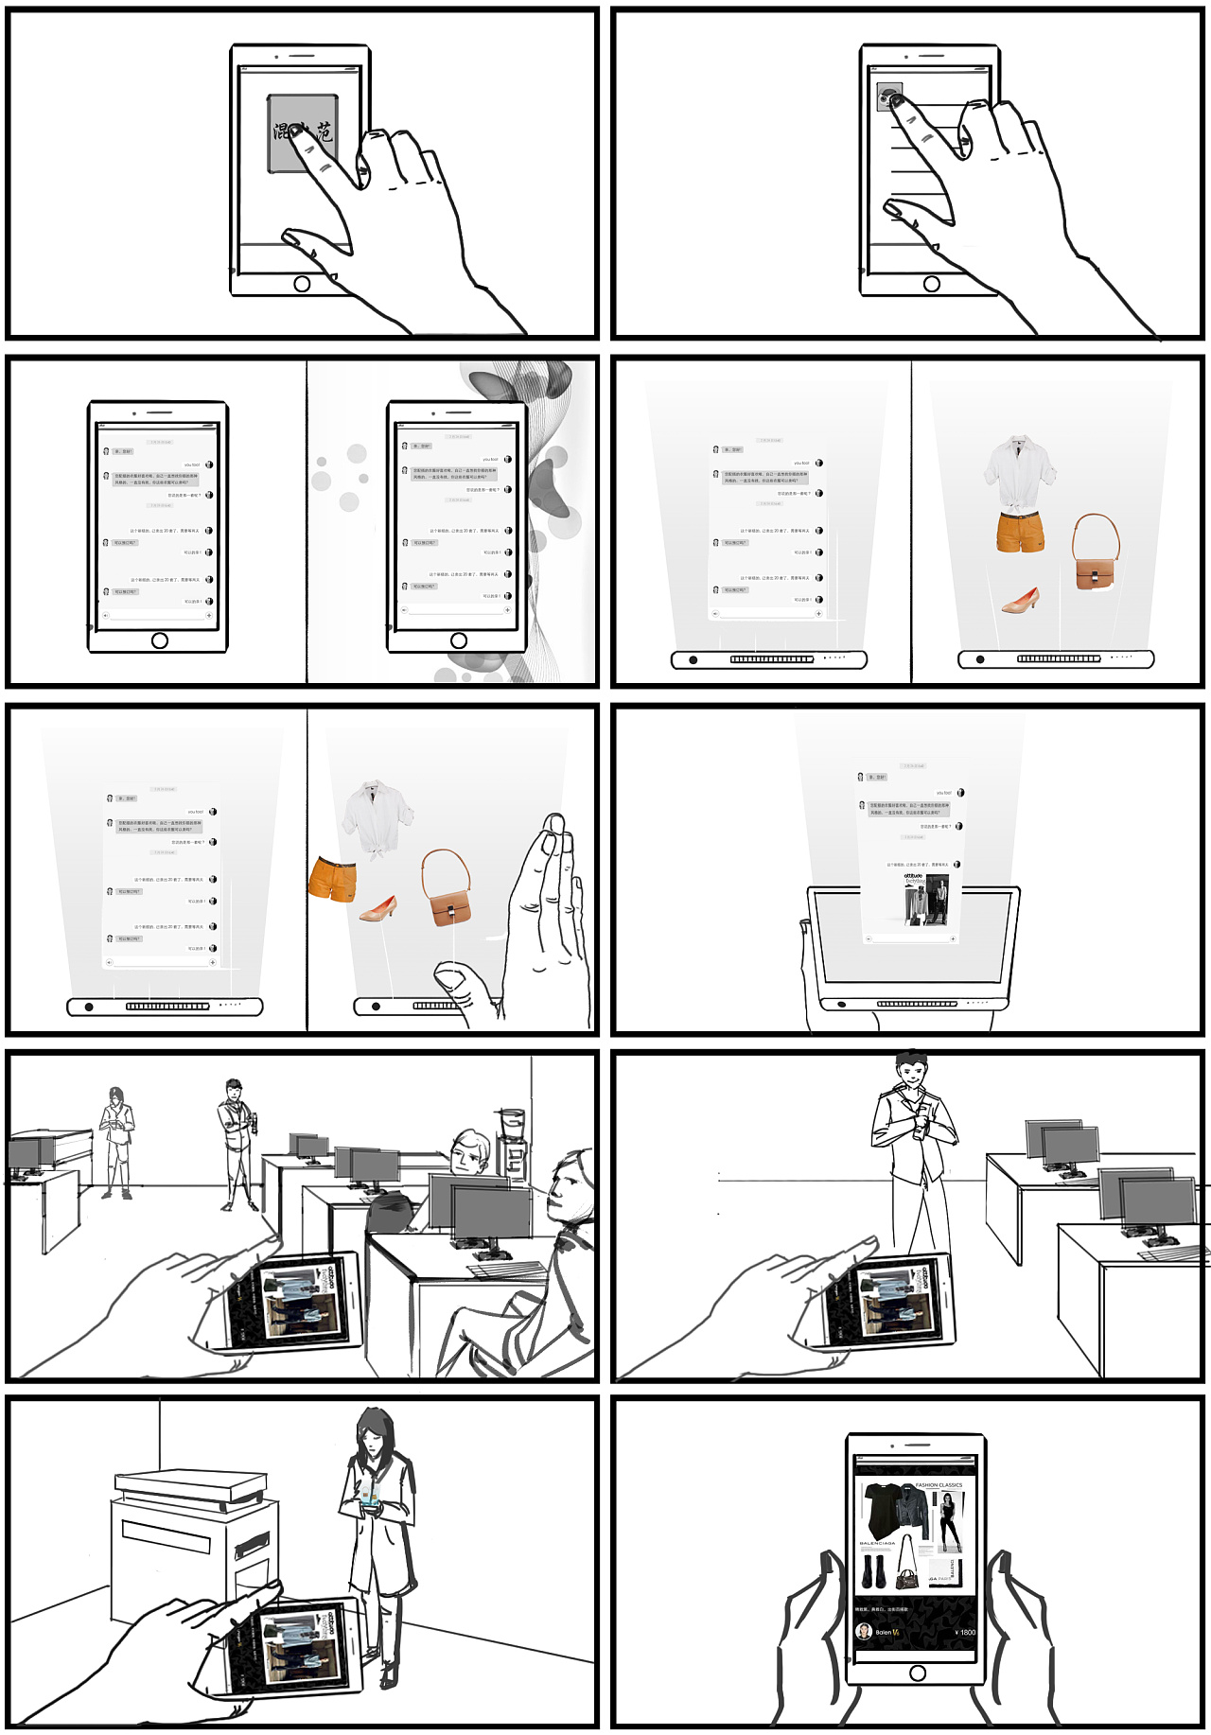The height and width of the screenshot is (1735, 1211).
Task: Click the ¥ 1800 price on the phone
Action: pos(964,1632)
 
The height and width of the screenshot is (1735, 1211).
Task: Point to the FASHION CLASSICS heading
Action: pos(938,1485)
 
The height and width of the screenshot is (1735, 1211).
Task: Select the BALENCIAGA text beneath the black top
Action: pos(877,1543)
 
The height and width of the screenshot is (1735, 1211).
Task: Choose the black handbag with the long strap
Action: pos(906,1576)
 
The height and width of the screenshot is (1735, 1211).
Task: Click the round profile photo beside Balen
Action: pos(864,1631)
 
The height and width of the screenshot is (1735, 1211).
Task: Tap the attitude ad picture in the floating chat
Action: pos(924,899)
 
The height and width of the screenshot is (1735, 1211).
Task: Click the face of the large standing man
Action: pos(911,1075)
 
